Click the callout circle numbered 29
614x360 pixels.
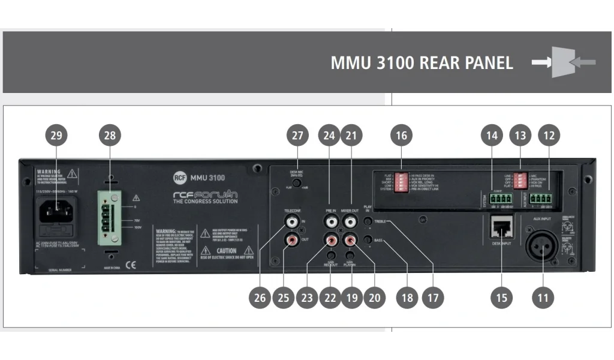pos(56,136)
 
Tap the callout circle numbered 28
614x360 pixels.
pos(110,136)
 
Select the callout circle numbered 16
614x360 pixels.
pos(401,136)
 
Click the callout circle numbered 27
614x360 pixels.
pos(297,136)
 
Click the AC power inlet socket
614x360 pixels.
pos(57,209)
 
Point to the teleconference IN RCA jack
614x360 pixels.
pos(292,221)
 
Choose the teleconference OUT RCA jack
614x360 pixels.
pos(292,241)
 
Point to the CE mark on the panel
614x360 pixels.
pos(131,263)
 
